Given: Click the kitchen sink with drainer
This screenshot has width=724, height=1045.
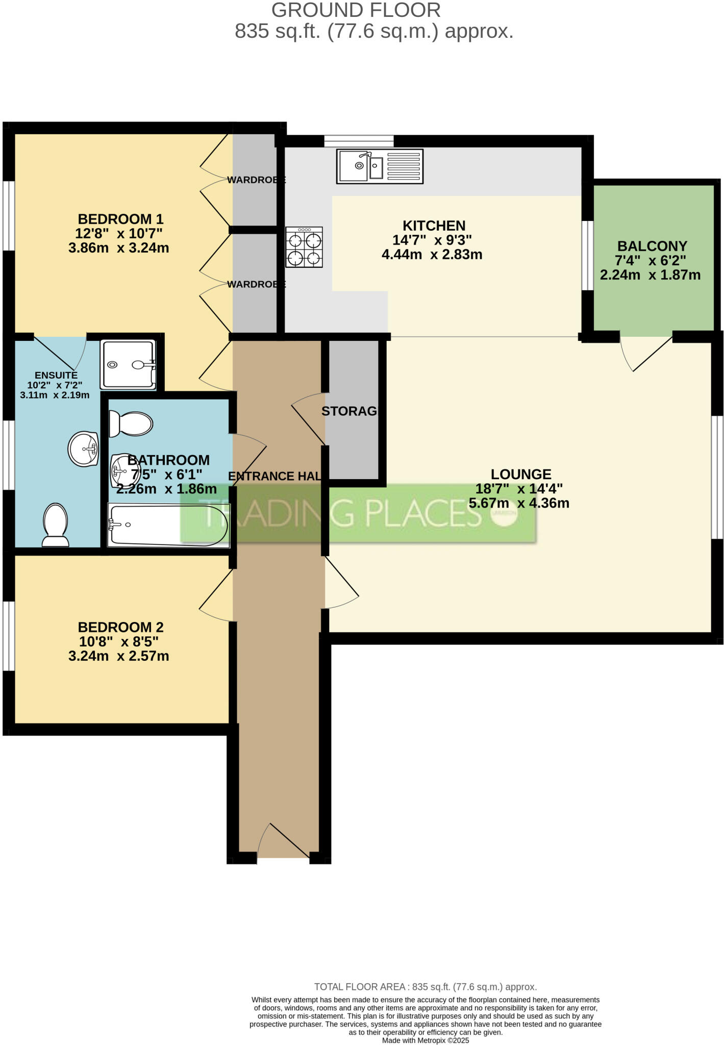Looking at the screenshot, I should [x=380, y=166].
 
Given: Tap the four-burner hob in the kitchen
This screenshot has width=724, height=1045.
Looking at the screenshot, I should [x=304, y=247].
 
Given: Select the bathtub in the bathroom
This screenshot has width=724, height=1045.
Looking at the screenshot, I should [x=169, y=525].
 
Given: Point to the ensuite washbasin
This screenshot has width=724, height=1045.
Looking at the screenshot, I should [x=84, y=449].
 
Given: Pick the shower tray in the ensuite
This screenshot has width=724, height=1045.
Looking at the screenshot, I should [x=129, y=364].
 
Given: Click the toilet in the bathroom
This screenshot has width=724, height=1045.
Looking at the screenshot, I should [x=131, y=424].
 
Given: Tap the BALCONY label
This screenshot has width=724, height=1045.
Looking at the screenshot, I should [x=652, y=246].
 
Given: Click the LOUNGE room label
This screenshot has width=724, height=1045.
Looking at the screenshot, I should [x=520, y=474].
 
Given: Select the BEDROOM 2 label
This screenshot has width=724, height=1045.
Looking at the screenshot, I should [x=120, y=627].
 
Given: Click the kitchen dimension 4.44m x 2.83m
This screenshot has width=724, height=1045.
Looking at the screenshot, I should [x=432, y=255].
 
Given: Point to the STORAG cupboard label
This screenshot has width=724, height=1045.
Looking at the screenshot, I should [x=349, y=411].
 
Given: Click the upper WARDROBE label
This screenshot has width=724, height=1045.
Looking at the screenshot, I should [x=256, y=180].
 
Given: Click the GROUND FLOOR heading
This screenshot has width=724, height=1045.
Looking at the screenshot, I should [x=356, y=10].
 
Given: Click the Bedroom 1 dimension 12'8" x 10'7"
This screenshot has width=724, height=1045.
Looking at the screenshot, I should [x=118, y=234].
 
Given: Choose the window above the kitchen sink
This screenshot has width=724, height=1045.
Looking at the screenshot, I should [x=359, y=140].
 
